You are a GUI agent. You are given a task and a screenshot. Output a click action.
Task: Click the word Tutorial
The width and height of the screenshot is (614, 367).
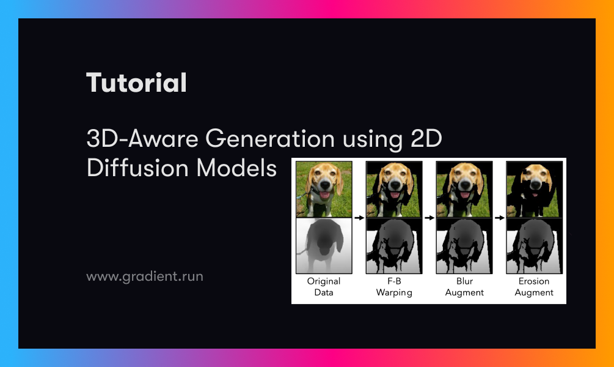pyautogui.click(x=136, y=83)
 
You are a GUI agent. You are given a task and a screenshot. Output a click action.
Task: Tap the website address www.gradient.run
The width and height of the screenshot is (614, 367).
pyautogui.click(x=144, y=276)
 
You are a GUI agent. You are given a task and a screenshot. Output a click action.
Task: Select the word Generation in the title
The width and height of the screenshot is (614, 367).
pyautogui.click(x=269, y=139)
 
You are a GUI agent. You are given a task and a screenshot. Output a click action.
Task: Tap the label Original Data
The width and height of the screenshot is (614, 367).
pyautogui.click(x=324, y=287)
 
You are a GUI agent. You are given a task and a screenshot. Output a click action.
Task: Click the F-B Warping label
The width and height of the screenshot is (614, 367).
pyautogui.click(x=394, y=287)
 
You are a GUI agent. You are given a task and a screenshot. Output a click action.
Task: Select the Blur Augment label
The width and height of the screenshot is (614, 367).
pyautogui.click(x=464, y=287)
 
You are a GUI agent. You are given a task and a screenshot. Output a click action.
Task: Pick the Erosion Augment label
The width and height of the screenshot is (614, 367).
pyautogui.click(x=534, y=287)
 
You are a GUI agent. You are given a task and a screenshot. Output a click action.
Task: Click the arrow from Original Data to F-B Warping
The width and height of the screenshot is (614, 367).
pyautogui.click(x=359, y=217)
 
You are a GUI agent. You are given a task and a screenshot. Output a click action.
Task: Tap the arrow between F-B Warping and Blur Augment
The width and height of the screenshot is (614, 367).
pyautogui.click(x=429, y=217)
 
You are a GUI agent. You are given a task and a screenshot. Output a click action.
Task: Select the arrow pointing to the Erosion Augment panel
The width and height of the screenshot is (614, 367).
pyautogui.click(x=499, y=217)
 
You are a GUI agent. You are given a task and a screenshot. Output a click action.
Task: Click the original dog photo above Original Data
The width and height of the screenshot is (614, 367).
pyautogui.click(x=324, y=189)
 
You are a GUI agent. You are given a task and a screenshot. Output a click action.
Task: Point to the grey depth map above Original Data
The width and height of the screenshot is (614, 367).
pyautogui.click(x=324, y=246)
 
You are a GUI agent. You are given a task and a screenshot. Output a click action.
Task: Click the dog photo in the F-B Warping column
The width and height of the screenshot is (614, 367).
pyautogui.click(x=394, y=189)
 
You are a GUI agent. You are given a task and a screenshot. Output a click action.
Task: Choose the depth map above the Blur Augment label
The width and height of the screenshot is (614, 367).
pyautogui.click(x=464, y=246)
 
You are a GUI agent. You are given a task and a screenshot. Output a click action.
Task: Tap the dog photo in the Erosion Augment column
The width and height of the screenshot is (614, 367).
pyautogui.click(x=534, y=189)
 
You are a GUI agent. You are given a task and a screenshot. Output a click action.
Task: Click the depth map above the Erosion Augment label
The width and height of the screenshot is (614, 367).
pyautogui.click(x=534, y=246)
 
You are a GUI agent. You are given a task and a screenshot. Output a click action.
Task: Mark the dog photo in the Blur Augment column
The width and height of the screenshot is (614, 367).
pyautogui.click(x=464, y=189)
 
